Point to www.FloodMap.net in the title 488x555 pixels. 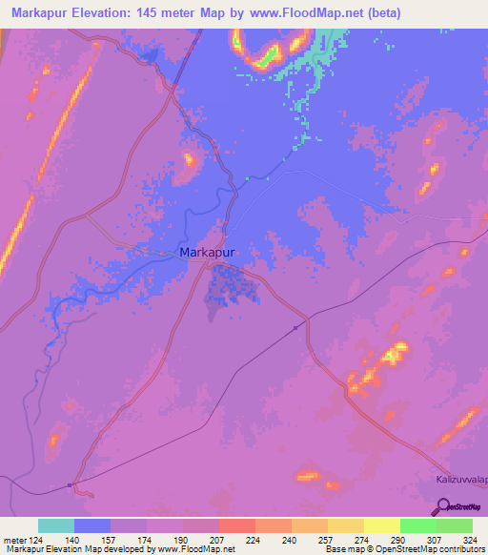click(309, 13)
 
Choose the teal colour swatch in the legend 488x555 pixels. click(55, 525)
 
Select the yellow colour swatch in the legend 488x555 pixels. click(381, 525)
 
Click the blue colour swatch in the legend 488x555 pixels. click(91, 525)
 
